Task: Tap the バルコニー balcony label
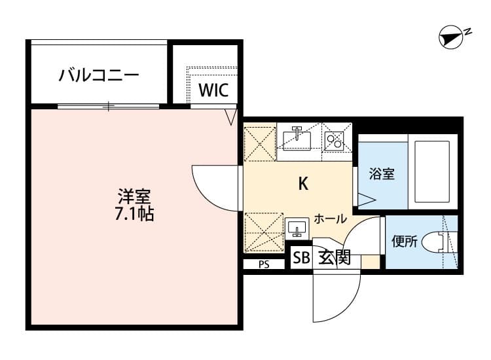click(99, 75)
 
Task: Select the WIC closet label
click(213, 90)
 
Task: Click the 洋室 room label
click(135, 196)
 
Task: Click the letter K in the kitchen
click(303, 184)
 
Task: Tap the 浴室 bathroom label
click(381, 174)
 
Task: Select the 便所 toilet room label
click(404, 242)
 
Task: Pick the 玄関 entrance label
click(335, 258)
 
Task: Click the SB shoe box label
click(301, 258)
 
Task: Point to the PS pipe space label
click(264, 265)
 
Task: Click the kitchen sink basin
click(298, 138)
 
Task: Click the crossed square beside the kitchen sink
click(260, 143)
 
